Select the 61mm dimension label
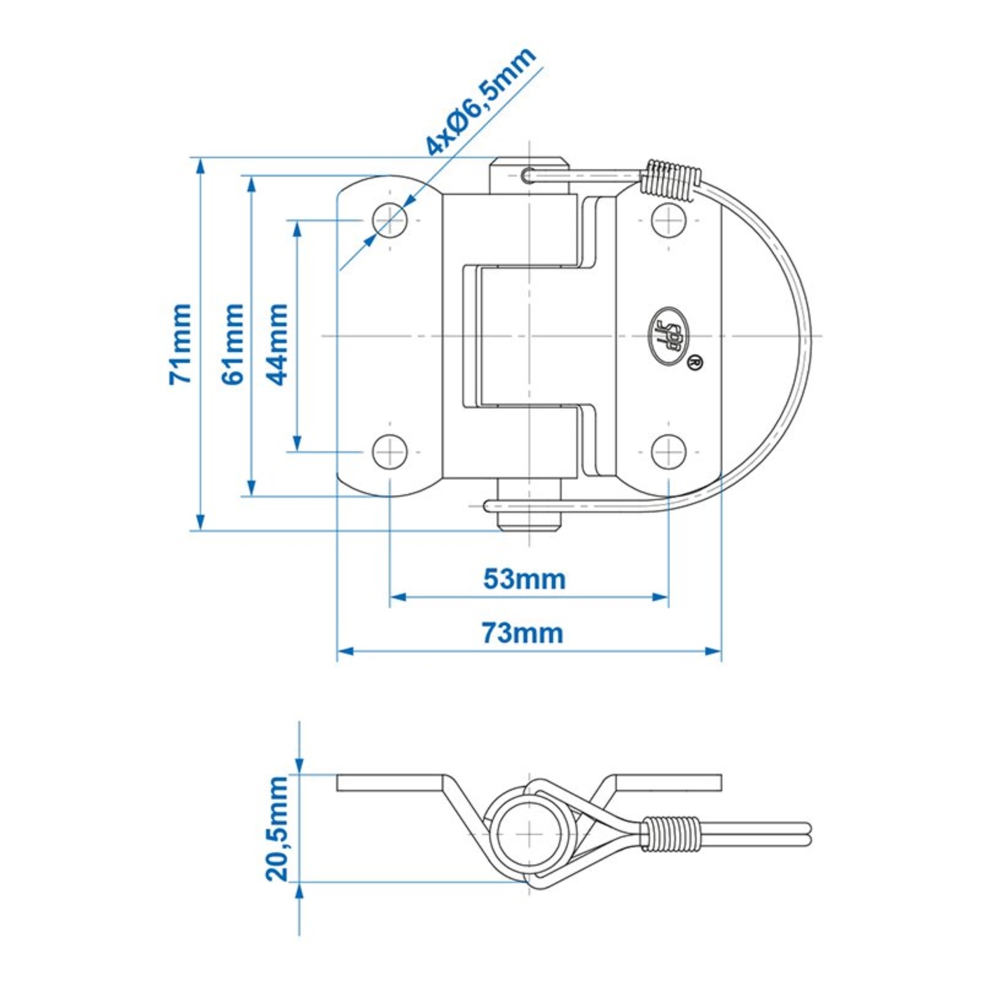click(233, 344)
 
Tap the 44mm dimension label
click(277, 344)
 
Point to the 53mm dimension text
click(524, 579)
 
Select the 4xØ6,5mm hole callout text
click(480, 102)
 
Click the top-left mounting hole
click(389, 220)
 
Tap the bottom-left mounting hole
click(389, 451)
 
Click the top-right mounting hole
click(669, 220)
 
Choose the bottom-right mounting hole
click(669, 451)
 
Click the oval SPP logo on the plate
click(669, 336)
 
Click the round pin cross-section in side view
click(529, 834)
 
